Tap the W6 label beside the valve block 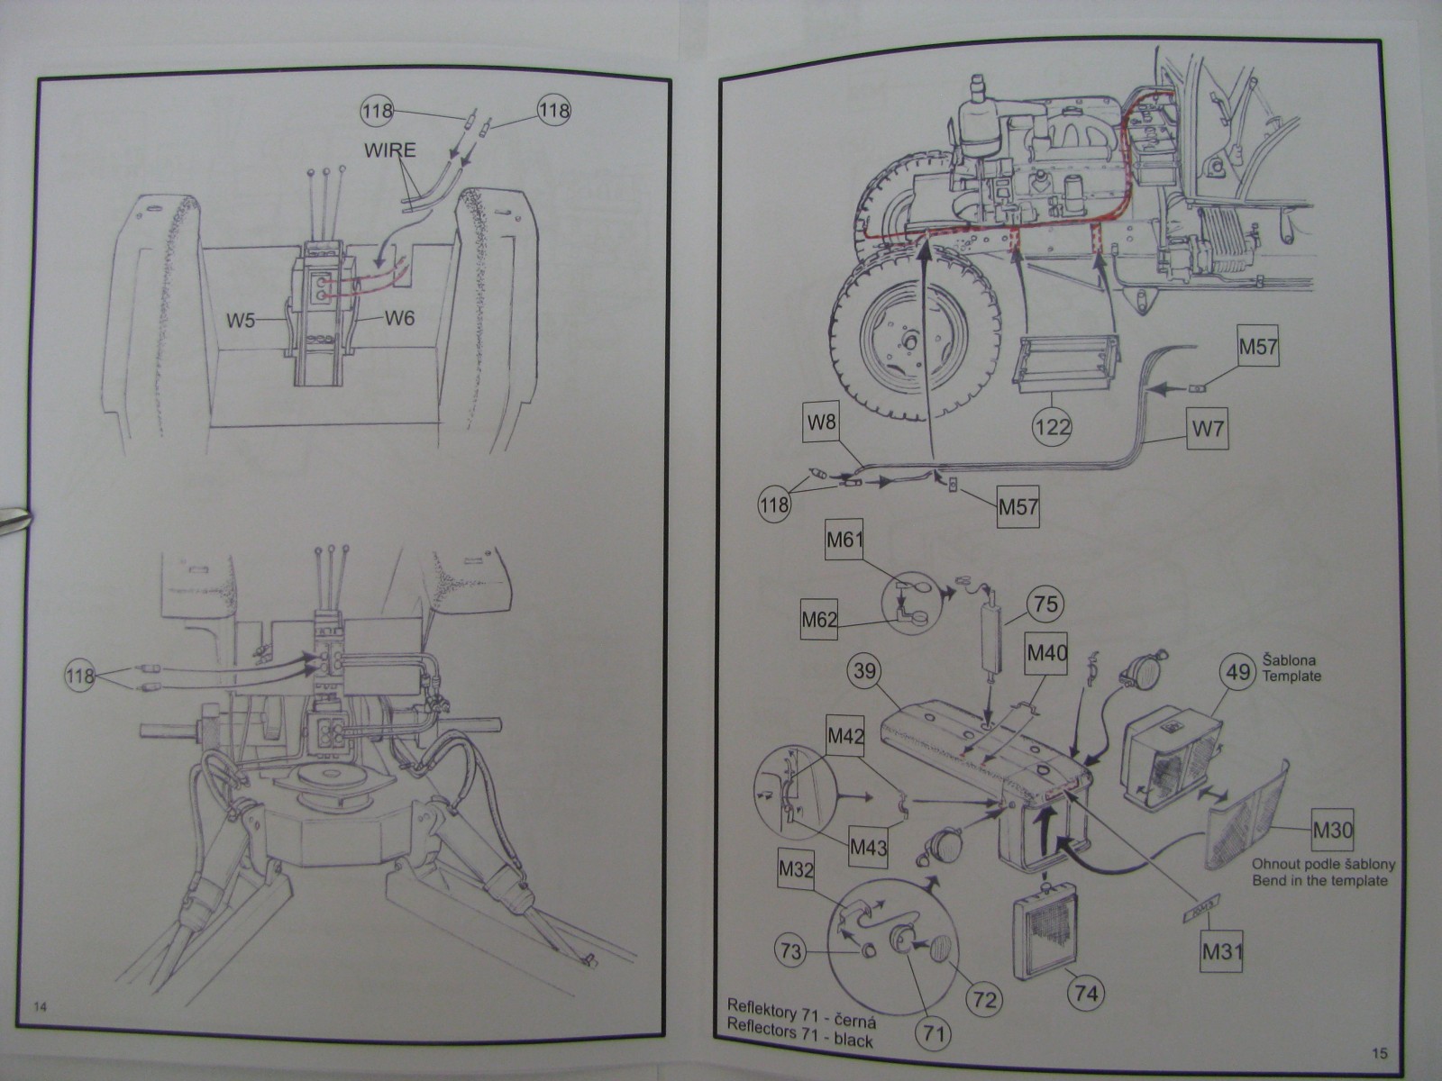(x=399, y=318)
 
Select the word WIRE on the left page (x=390, y=150)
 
